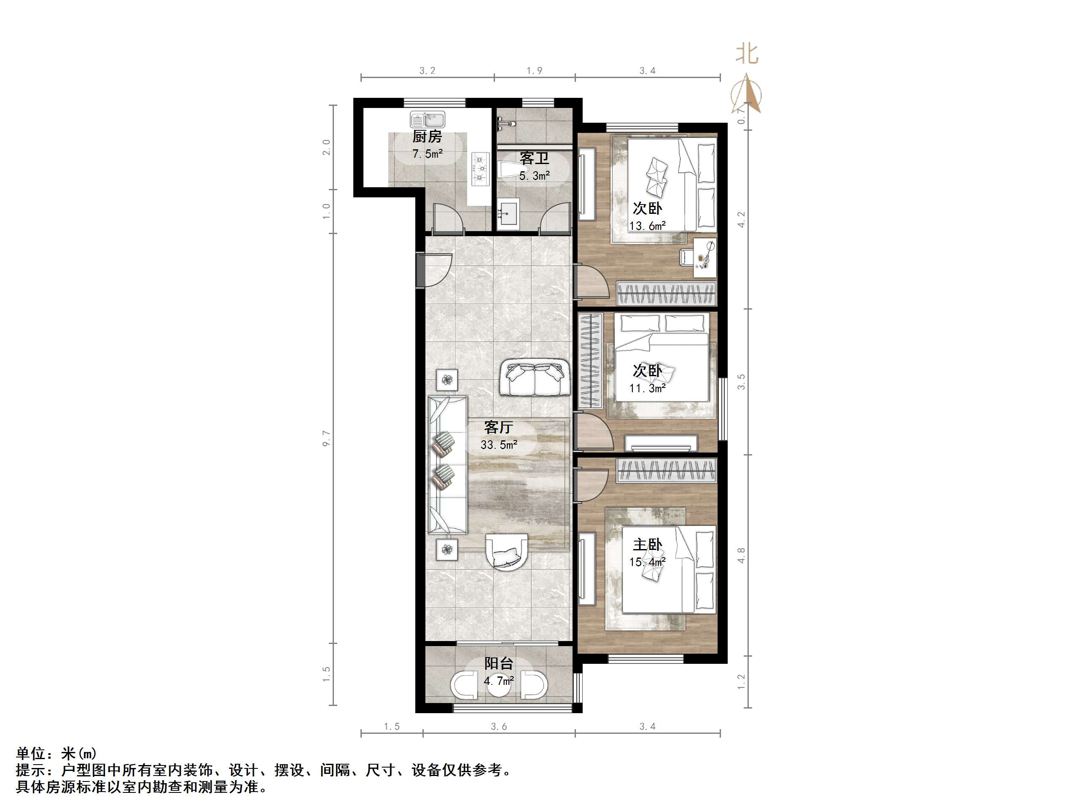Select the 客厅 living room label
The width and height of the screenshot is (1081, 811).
(498, 427)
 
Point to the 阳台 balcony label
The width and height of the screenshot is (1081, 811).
(498, 663)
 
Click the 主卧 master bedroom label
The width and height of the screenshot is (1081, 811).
(647, 544)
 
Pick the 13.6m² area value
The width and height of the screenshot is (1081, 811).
(647, 226)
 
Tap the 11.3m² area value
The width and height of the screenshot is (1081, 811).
(647, 389)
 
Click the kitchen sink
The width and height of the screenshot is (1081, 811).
(427, 120)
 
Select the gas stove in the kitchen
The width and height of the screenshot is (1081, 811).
(480, 169)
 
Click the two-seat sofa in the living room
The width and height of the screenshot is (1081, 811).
(535, 378)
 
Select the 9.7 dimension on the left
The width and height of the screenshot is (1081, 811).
(326, 439)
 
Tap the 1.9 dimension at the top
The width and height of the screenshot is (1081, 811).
(534, 71)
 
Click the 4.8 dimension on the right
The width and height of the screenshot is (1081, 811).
(741, 555)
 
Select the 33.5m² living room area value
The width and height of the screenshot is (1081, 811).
(498, 445)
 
